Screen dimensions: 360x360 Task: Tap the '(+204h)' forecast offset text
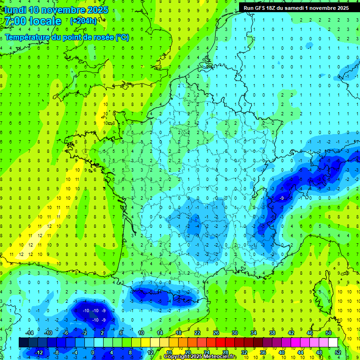(x=83, y=21)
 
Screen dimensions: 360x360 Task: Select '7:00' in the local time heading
(x=15, y=21)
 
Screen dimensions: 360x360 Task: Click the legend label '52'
(x=337, y=352)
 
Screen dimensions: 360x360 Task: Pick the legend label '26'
(x=216, y=333)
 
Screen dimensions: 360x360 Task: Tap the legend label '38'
(x=272, y=333)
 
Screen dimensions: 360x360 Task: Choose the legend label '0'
(x=93, y=352)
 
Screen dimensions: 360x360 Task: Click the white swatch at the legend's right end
(x=333, y=343)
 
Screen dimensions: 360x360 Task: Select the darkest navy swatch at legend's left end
(x=23, y=343)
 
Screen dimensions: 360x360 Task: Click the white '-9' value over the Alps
(x=281, y=198)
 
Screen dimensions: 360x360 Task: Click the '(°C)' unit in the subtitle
(x=123, y=37)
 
